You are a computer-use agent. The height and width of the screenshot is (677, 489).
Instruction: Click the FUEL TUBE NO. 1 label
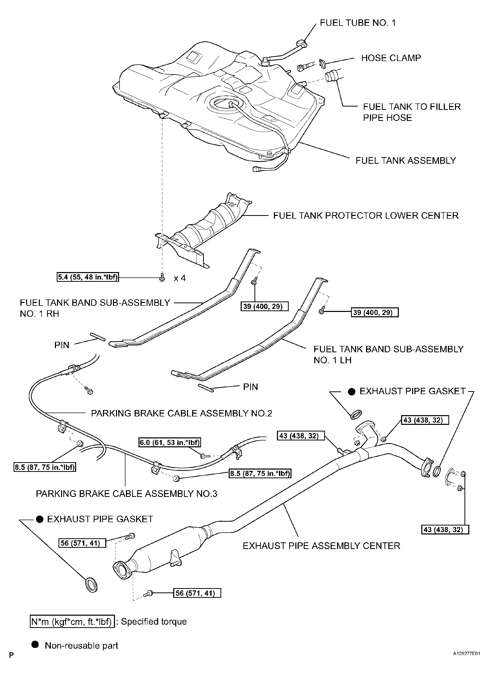coord(357,23)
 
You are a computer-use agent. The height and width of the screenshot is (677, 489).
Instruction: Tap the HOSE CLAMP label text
coord(391,58)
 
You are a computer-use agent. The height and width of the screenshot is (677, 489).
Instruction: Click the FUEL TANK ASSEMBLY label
coord(405,161)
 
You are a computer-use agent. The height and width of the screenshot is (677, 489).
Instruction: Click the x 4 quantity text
coord(180,278)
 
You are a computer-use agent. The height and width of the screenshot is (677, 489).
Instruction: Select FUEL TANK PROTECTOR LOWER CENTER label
coord(365,216)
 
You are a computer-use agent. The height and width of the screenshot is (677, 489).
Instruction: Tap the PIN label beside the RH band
coord(62,345)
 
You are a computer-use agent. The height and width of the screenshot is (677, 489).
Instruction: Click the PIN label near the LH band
coord(250,387)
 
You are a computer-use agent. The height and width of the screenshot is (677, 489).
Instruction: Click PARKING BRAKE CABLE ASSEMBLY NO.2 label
coord(181,413)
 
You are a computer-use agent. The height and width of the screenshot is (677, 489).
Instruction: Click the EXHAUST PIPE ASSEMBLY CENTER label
coord(321,546)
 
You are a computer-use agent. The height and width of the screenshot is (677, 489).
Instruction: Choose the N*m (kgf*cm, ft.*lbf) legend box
coord(72,622)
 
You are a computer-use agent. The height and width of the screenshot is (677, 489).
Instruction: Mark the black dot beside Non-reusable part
coord(35,645)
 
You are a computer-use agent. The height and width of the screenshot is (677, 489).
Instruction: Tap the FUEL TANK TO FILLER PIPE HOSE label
coord(411,112)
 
